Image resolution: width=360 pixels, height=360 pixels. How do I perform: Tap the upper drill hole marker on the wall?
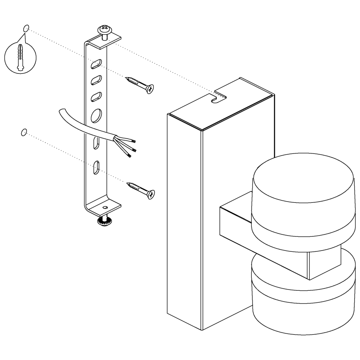pos(26,29)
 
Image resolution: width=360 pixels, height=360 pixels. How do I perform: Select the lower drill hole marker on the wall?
pos(24,132)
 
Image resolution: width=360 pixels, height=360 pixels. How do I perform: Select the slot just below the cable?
pos(96,144)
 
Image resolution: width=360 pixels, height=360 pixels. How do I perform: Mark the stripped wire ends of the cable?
pos(131,148)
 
